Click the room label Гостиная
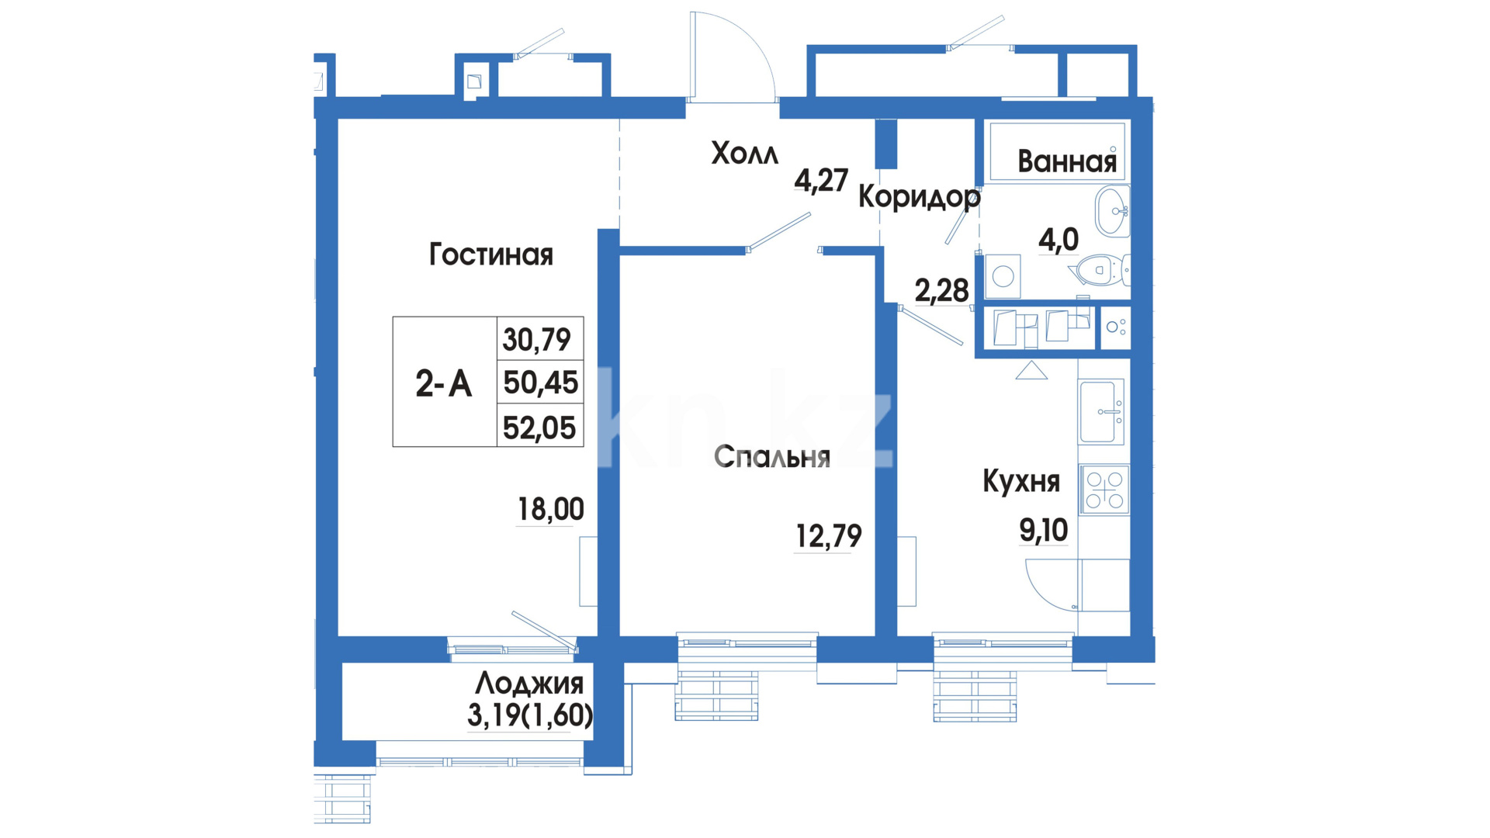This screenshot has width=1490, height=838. click(491, 255)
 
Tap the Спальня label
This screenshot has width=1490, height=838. click(772, 456)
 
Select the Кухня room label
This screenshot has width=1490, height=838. click(1021, 481)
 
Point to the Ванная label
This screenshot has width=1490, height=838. click(1067, 161)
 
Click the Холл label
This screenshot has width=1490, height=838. click(745, 154)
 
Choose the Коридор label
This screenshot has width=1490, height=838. click(920, 197)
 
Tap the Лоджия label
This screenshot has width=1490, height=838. click(529, 684)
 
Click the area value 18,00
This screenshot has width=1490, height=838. click(551, 509)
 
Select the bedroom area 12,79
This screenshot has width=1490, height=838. click(829, 535)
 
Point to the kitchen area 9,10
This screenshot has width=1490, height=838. click(1044, 530)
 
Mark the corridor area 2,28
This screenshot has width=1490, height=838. click(941, 291)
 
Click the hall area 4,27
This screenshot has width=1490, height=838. click(821, 180)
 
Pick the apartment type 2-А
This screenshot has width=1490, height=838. click(444, 383)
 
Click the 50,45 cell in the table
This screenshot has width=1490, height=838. click(541, 383)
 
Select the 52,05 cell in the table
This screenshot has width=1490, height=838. click(539, 428)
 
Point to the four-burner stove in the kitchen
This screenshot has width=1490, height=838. click(1104, 490)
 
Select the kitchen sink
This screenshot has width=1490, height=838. click(1101, 411)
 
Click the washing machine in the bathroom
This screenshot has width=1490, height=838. click(1003, 275)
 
